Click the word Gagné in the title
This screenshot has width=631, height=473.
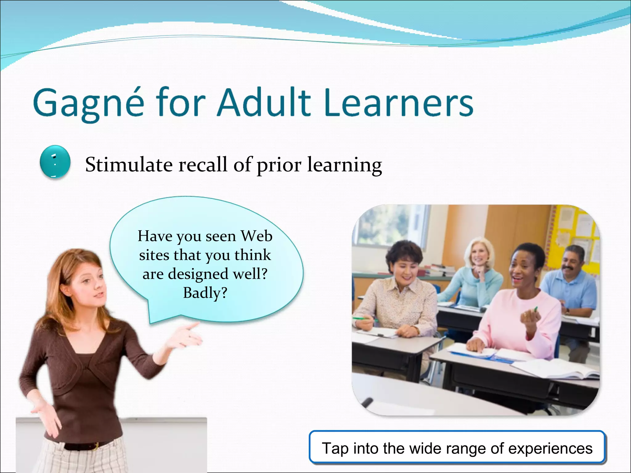88,103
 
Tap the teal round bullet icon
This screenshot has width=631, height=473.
55,162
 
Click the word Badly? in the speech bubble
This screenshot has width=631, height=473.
205,293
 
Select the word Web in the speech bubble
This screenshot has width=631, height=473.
256,236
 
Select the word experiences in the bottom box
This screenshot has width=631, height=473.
550,448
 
